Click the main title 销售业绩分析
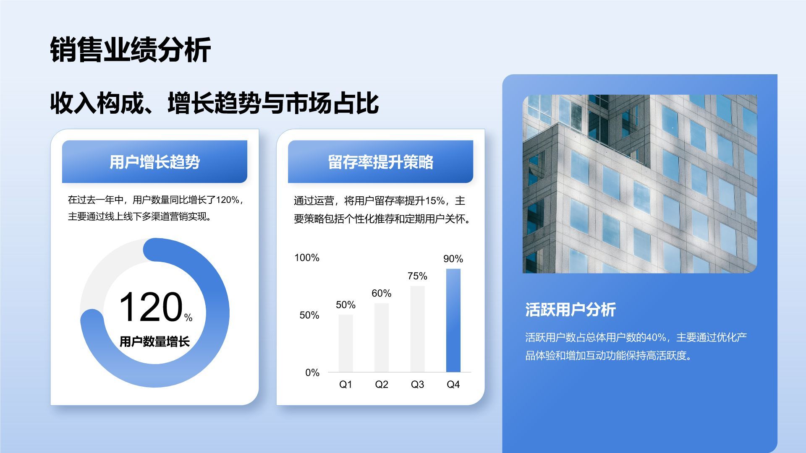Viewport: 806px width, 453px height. click(130, 50)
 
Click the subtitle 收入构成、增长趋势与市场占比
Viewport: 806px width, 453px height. click(214, 103)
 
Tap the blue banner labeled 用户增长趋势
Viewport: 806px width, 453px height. click(154, 162)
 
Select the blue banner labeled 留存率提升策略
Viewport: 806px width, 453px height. click(380, 162)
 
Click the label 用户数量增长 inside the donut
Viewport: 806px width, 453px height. click(154, 342)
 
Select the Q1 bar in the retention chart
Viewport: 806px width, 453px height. click(345, 343)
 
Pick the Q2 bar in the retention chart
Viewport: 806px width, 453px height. click(381, 337)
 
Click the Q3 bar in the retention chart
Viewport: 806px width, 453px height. click(417, 329)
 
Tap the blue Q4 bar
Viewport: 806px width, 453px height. click(453, 320)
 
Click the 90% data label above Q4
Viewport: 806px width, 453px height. click(453, 259)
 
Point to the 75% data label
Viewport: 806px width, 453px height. click(417, 276)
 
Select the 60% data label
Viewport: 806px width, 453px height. click(381, 293)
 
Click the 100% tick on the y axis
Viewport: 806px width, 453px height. click(307, 258)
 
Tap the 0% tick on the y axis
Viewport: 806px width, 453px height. click(312, 372)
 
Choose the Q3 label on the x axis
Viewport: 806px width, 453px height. click(417, 385)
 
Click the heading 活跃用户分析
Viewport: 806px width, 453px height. click(570, 310)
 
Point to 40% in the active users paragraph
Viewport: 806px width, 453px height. click(656, 337)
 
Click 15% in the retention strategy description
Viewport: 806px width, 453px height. click(435, 201)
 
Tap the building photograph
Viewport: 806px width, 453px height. click(639, 184)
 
